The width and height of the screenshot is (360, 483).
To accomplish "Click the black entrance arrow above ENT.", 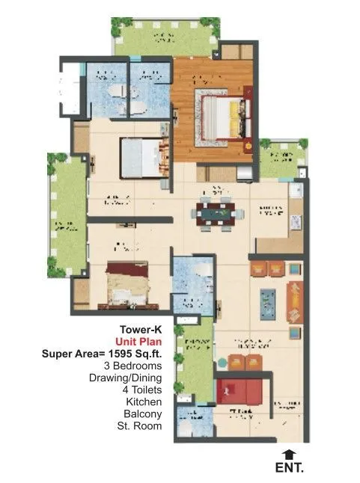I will pyautogui.click(x=288, y=453).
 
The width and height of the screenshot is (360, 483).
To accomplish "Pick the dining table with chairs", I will pyautogui.click(x=216, y=213).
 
